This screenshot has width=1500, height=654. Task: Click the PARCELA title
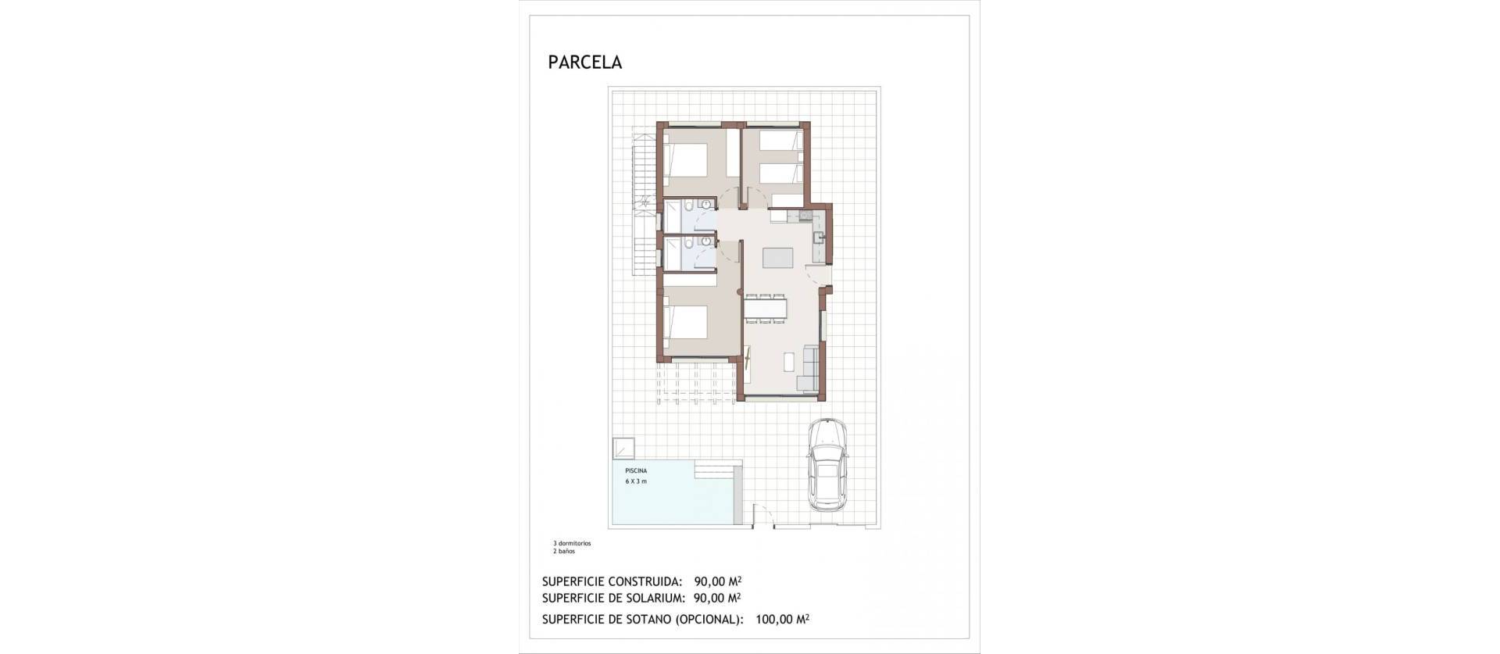pyautogui.click(x=585, y=63)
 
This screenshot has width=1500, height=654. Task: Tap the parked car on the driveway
pyautogui.click(x=827, y=465)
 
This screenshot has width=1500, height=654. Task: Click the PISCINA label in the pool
pyautogui.click(x=635, y=471)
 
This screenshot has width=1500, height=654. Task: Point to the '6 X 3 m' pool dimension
pyautogui.click(x=636, y=481)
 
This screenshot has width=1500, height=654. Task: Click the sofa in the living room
pyautogui.click(x=809, y=368)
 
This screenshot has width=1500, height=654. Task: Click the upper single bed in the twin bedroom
pyautogui.click(x=781, y=142)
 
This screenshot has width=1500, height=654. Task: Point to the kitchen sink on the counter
pyautogui.click(x=816, y=236)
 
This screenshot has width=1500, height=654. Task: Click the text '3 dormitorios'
pyautogui.click(x=572, y=543)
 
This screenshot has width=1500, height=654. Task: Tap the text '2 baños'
pyautogui.click(x=563, y=551)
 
